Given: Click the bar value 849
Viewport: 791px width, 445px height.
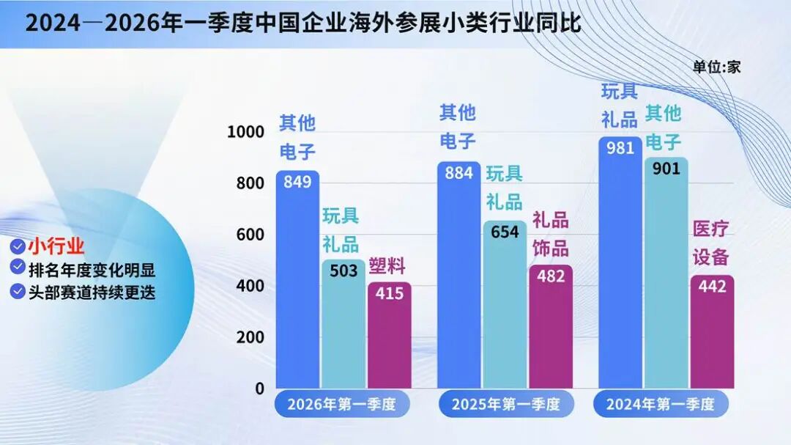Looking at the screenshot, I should (297, 183).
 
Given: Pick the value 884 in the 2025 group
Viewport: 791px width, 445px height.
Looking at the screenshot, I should (458, 174).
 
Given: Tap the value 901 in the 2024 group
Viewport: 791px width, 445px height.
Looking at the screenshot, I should (666, 169).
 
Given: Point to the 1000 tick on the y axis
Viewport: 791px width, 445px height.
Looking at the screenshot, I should (245, 132).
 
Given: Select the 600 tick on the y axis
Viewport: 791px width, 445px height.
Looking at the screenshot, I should (250, 235).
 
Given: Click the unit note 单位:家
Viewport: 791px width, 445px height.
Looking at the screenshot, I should (717, 67).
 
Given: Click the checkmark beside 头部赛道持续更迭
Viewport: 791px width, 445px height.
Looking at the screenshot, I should (18, 291).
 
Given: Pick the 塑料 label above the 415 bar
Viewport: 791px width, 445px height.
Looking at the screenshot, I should (387, 266).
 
